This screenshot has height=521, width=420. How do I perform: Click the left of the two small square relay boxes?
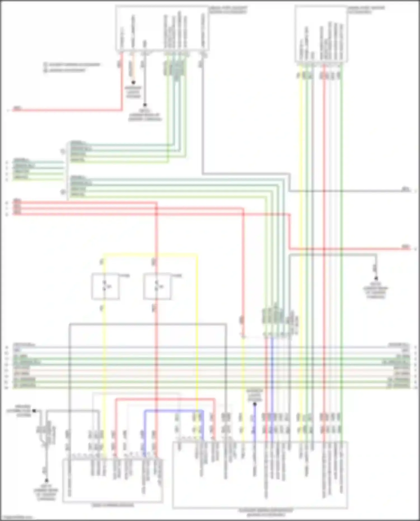[106, 286]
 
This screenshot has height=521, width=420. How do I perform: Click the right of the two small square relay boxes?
[157, 286]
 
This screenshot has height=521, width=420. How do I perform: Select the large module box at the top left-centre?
[162, 29]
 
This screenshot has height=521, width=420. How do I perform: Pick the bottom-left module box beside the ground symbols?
[113, 480]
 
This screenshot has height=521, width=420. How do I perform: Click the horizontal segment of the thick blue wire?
[174, 411]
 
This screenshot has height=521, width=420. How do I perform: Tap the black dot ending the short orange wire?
[134, 83]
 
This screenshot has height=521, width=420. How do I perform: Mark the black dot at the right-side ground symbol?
[376, 278]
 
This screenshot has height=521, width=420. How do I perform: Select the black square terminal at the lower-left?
[34, 411]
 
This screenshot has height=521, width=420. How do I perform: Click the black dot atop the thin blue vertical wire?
[255, 404]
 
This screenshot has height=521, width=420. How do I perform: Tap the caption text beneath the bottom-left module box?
[113, 505]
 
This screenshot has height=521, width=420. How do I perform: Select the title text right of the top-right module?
[366, 10]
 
